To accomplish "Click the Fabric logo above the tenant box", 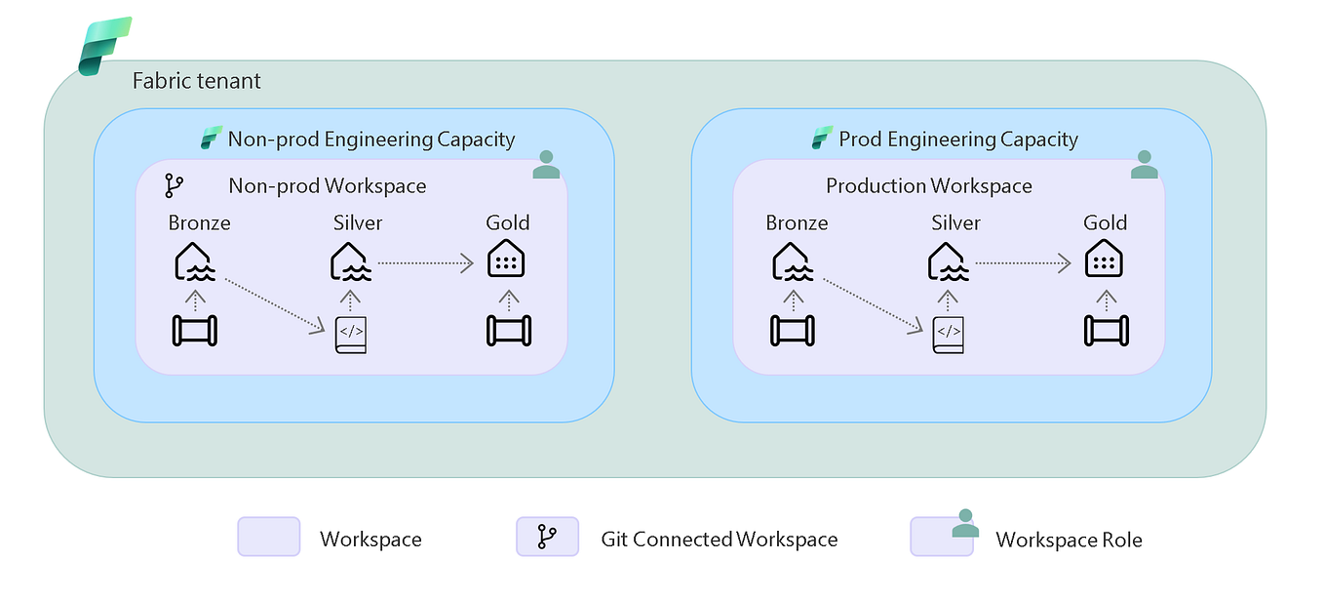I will pos(104,46).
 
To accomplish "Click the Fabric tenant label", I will pos(197,81).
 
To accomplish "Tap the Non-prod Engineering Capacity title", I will pos(370,140).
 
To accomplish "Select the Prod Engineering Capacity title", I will pos(957,140).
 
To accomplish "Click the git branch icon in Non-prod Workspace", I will pos(175,185).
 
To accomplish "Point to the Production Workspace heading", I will pos(928,185).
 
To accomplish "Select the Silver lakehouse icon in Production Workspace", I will pos(948,261).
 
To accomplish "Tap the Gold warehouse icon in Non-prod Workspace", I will pos(507,260).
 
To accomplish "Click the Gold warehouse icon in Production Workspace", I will pos(1104,260).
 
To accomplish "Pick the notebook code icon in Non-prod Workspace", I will pos(351,334).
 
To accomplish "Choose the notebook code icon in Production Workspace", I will pos(948,334).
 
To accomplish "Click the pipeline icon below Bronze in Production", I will pos(792,331).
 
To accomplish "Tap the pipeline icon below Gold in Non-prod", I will pos(507,331).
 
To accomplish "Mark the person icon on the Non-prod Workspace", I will pos(547,165).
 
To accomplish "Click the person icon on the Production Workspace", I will pos(1144,165).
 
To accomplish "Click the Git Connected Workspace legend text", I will pos(719,540).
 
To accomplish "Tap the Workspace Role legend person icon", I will pos(965,523).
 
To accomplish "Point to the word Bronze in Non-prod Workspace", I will pos(199,222).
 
